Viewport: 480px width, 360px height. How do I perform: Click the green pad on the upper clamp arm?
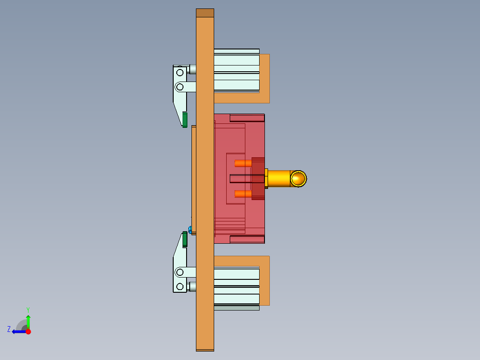(185, 119)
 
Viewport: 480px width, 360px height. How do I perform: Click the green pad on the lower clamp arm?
(185, 239)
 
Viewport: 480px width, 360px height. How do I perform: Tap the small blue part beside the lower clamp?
(190, 230)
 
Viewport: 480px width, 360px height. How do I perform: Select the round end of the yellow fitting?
(298, 179)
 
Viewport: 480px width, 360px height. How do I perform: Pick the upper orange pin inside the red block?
(243, 164)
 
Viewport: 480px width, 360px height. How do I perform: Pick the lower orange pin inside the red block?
(243, 194)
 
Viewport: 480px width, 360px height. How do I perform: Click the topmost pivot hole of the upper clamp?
(180, 72)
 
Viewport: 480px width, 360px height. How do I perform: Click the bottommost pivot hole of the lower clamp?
(180, 286)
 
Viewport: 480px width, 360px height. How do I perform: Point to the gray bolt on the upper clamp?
(193, 69)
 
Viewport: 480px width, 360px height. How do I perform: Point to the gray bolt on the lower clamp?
(193, 286)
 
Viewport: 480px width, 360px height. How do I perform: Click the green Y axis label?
(28, 309)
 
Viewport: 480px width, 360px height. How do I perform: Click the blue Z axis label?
(9, 329)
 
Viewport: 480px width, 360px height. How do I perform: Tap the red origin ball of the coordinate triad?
(28, 331)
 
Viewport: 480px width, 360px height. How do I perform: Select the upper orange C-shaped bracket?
(265, 78)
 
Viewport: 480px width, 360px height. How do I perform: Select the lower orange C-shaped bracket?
(265, 281)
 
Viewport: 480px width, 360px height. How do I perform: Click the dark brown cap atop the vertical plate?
(205, 13)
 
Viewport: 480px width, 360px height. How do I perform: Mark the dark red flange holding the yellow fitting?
(258, 178)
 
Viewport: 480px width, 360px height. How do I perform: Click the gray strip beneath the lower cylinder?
(236, 307)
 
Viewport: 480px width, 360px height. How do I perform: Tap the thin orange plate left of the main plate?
(194, 178)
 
